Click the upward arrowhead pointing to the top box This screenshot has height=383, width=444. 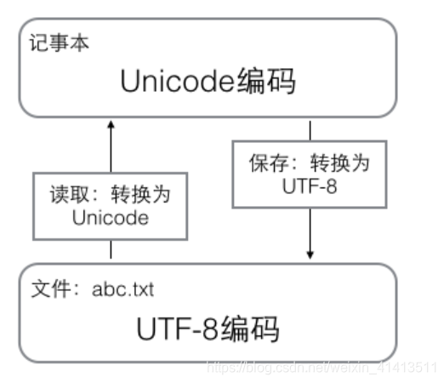[x=111, y=125]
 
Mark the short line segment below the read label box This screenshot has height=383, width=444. [x=111, y=250]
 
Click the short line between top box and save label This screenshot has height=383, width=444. [x=311, y=130]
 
